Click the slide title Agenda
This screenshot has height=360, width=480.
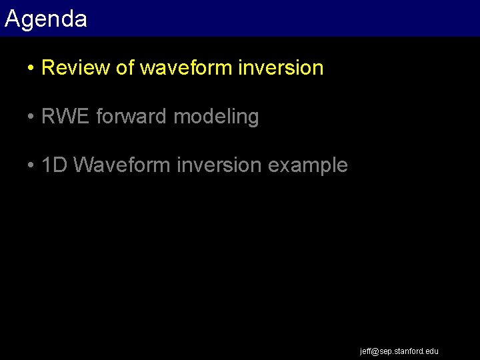(x=45, y=19)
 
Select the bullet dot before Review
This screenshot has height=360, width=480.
(x=31, y=69)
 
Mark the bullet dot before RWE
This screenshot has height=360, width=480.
(x=31, y=117)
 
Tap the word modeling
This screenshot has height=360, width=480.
(x=216, y=117)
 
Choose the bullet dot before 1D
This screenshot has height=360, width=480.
(x=31, y=166)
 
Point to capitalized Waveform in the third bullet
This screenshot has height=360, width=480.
(x=122, y=165)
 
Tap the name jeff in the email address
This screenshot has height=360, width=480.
(x=365, y=351)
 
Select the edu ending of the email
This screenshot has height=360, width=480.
(x=432, y=351)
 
